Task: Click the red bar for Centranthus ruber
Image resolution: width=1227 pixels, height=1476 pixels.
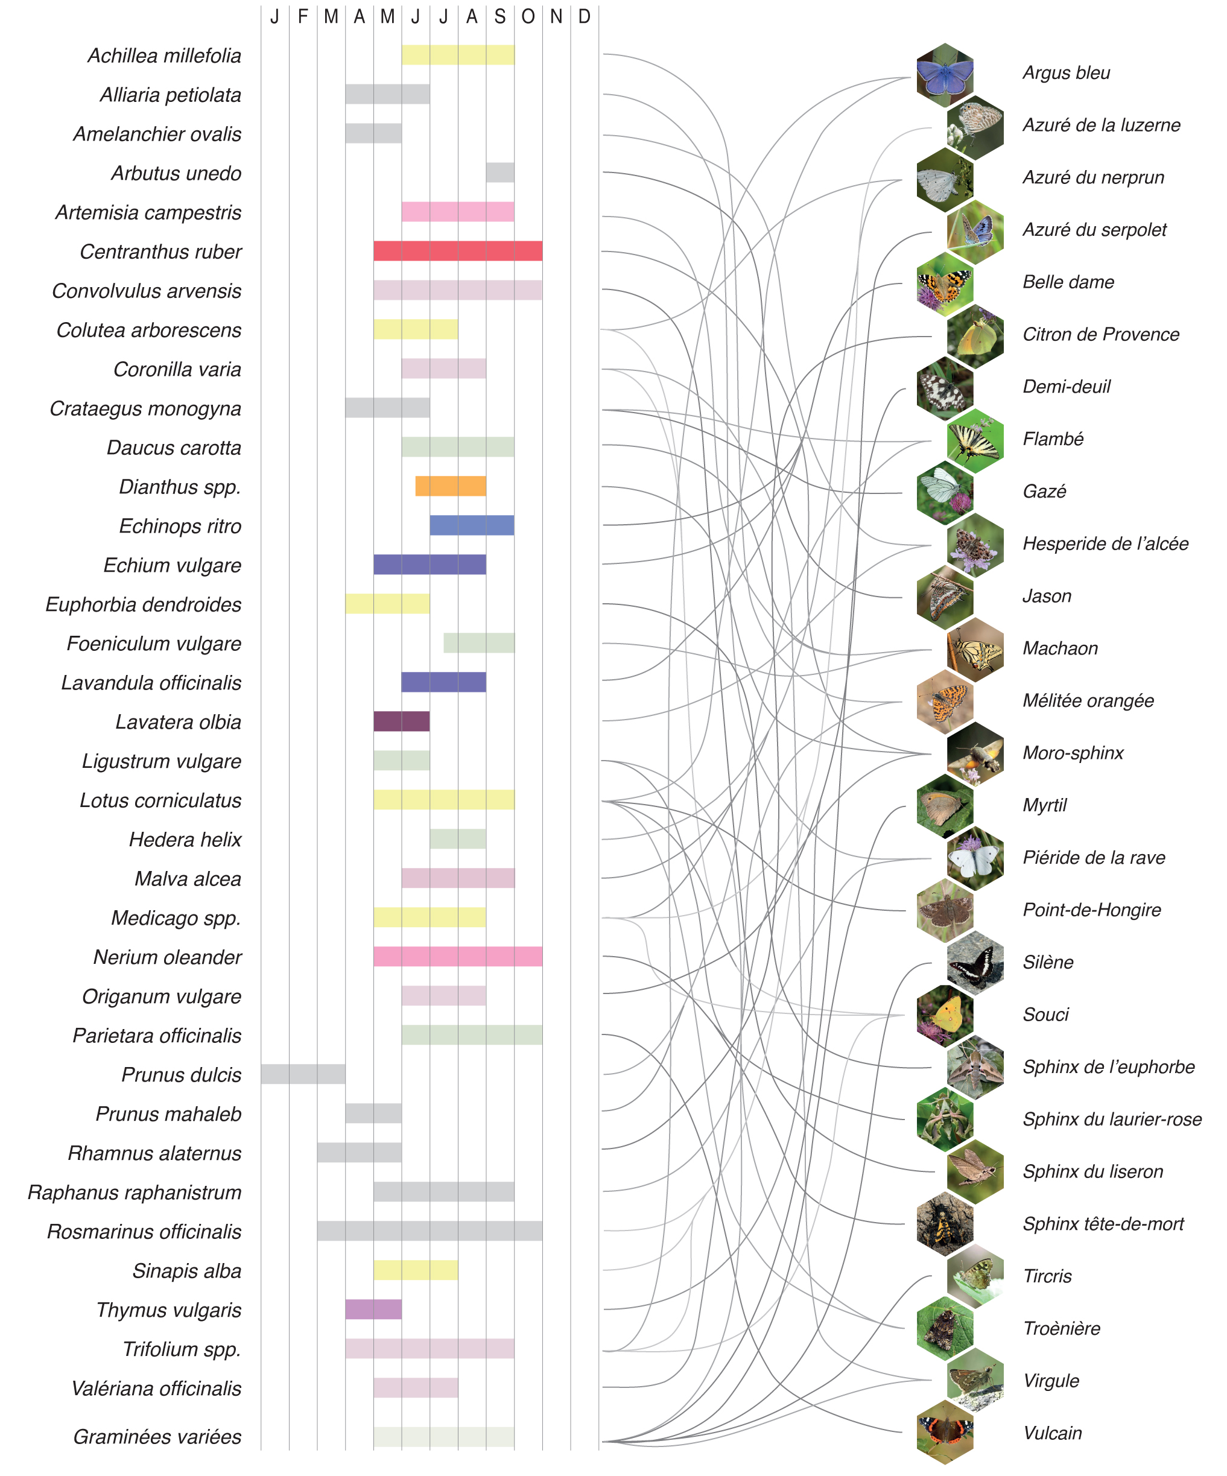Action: point(457,251)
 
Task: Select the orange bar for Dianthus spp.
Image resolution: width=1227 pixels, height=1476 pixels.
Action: point(451,486)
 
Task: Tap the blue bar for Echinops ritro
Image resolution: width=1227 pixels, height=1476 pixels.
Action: point(472,525)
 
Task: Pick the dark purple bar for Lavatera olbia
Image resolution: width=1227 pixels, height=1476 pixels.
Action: point(401,721)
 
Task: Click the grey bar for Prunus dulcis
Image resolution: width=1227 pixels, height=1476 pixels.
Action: point(303,1074)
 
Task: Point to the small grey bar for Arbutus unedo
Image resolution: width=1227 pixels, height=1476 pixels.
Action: point(499,172)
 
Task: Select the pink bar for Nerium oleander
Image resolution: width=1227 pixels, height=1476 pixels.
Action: point(457,957)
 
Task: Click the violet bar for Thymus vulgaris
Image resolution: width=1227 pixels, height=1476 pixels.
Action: point(373,1310)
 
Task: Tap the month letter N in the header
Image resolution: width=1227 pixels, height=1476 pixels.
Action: point(556,17)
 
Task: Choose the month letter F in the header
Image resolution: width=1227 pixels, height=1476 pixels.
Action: point(303,17)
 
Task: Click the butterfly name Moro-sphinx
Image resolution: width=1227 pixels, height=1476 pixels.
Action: point(1073,753)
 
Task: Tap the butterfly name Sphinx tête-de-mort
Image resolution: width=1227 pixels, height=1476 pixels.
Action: point(1103,1224)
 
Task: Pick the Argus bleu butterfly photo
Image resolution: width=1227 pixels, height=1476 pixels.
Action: point(945,75)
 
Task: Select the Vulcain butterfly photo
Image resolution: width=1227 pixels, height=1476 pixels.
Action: point(945,1432)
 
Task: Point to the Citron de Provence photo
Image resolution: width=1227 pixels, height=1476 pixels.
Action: point(975,336)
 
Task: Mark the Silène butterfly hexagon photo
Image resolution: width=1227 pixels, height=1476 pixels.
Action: point(975,962)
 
